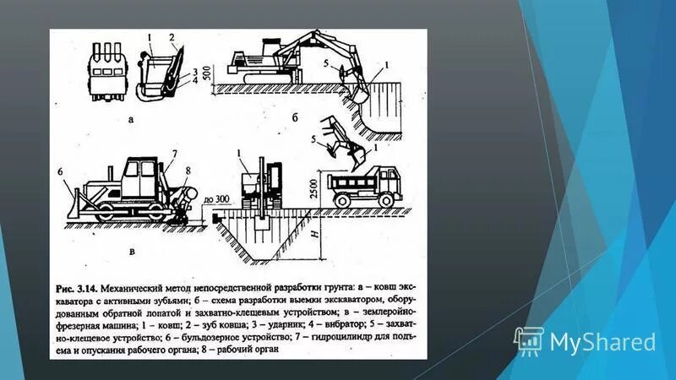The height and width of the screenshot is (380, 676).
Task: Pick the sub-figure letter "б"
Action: point(306,119)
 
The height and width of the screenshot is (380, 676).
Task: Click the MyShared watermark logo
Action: point(585,340)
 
